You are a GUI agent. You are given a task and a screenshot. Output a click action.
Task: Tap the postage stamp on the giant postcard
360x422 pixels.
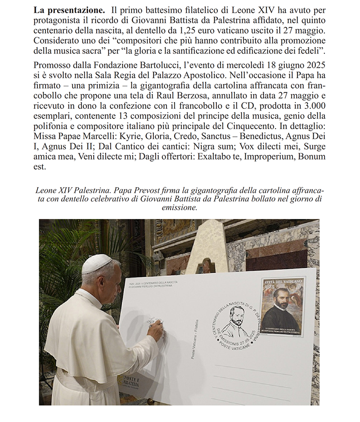282,306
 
